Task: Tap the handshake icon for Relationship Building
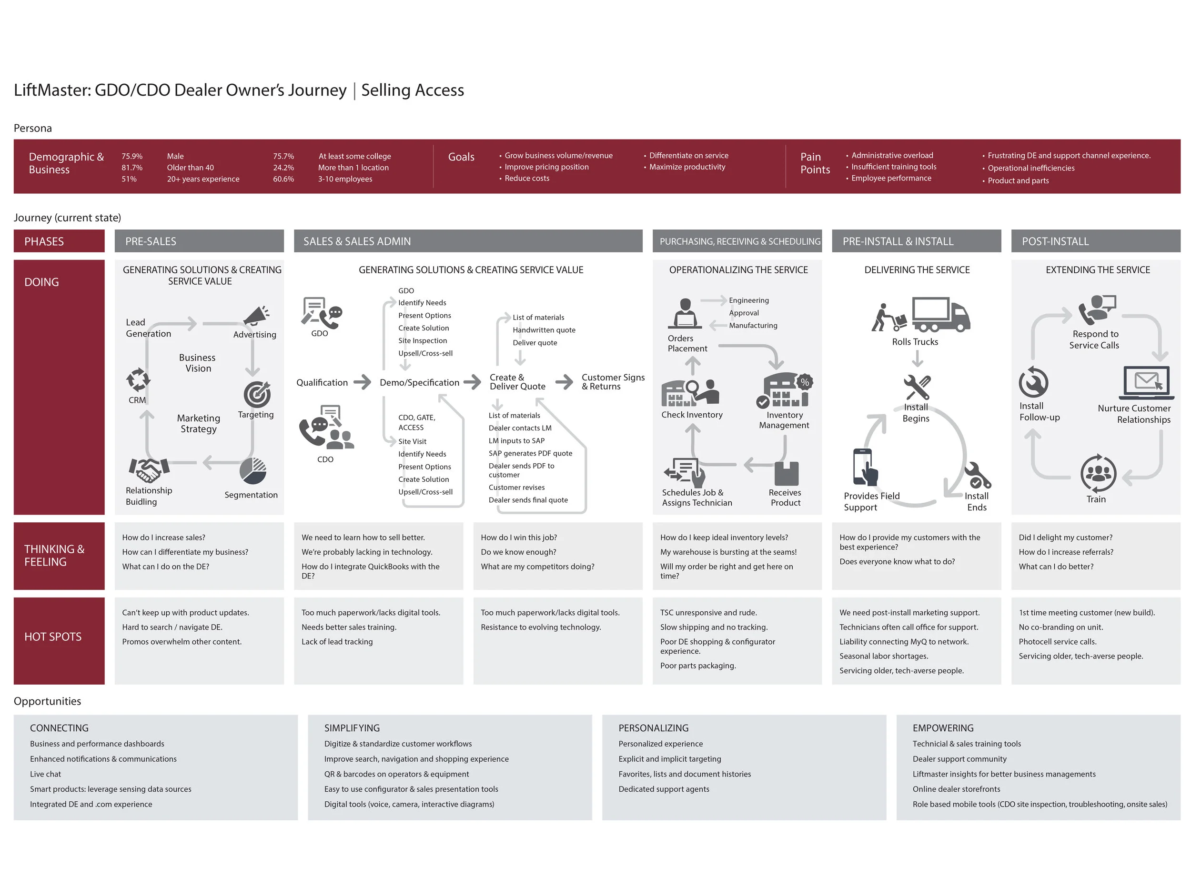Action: tap(149, 469)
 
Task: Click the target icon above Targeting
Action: tap(257, 395)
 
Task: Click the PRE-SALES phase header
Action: tap(199, 241)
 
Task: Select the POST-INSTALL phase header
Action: tap(1095, 241)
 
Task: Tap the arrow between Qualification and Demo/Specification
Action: tap(363, 382)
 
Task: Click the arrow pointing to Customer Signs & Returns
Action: tap(564, 382)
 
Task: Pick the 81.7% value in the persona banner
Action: tap(132, 168)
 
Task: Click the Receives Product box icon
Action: tap(786, 474)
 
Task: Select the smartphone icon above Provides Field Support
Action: tap(864, 467)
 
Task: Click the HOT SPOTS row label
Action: tap(53, 637)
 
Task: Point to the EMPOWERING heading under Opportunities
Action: tap(943, 727)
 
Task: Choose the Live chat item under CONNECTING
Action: tap(46, 774)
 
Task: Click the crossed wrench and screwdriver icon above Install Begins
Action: tap(917, 387)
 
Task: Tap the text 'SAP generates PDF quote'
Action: tap(530, 453)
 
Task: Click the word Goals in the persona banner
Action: tap(461, 157)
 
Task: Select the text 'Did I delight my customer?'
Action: tap(1065, 537)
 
